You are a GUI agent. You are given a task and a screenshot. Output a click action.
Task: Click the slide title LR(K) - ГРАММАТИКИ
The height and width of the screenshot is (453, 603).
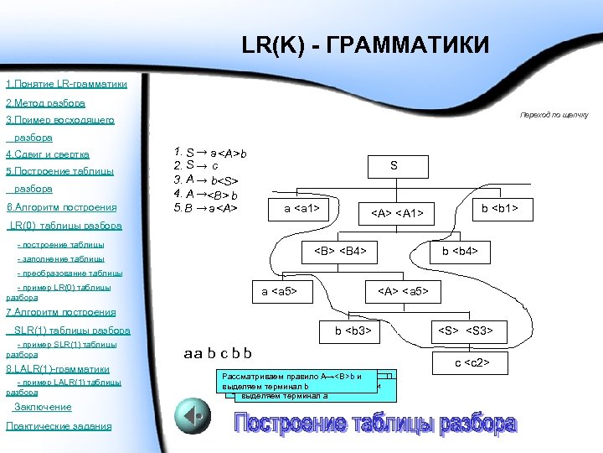click(x=364, y=44)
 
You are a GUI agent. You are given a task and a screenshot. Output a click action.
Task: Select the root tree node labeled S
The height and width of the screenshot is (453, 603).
click(x=394, y=167)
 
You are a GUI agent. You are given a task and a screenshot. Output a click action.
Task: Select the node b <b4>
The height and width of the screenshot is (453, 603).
click(x=460, y=250)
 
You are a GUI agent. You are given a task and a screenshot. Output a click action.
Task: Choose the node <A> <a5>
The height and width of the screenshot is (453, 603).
click(x=404, y=291)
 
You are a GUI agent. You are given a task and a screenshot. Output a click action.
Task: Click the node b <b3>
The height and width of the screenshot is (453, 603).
click(x=353, y=331)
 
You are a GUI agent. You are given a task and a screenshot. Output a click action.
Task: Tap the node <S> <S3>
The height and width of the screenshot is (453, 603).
click(x=467, y=331)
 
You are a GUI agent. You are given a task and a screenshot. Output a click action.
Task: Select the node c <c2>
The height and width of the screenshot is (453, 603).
click(x=472, y=362)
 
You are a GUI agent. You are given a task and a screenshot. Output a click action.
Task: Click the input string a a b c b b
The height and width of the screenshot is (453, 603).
click(x=217, y=353)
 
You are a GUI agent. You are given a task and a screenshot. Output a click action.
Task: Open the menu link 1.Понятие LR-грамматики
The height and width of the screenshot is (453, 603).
click(x=67, y=85)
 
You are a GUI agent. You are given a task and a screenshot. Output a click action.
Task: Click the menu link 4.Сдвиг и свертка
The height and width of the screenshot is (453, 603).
click(x=48, y=154)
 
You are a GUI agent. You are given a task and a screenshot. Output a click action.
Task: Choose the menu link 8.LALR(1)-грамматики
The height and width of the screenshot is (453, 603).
click(x=58, y=368)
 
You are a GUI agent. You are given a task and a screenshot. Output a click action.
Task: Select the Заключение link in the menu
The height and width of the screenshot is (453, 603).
click(x=43, y=407)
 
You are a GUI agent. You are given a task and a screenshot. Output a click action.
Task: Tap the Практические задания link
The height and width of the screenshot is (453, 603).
click(x=59, y=426)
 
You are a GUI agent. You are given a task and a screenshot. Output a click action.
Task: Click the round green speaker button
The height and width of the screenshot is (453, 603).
click(x=192, y=414)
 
